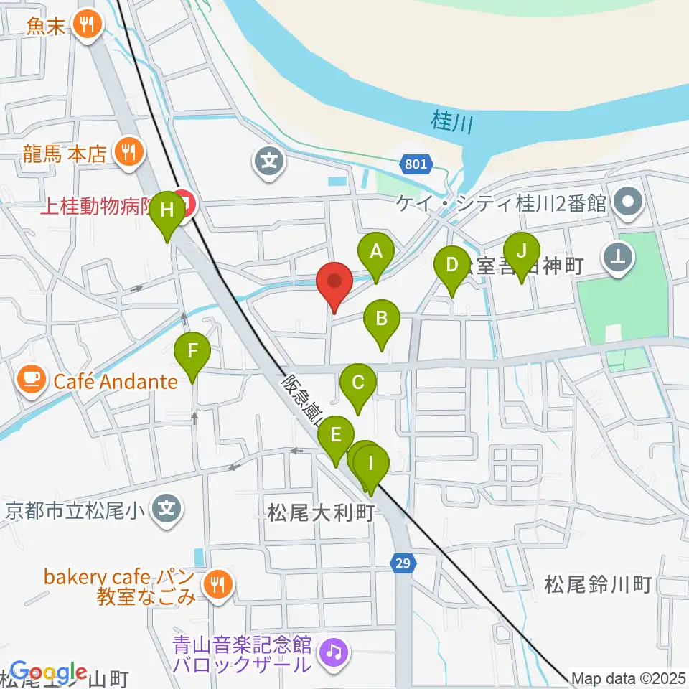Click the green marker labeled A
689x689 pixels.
(375, 252)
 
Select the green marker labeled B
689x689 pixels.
(382, 318)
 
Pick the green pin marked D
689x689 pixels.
(451, 265)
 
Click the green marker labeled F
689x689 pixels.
(192, 352)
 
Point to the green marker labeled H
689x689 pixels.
(167, 211)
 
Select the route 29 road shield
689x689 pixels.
(403, 564)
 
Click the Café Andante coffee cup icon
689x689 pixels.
(30, 380)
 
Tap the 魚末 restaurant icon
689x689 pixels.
(88, 27)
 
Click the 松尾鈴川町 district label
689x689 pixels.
(597, 584)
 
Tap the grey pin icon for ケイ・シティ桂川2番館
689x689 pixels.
(629, 203)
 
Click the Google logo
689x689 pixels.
(48, 672)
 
